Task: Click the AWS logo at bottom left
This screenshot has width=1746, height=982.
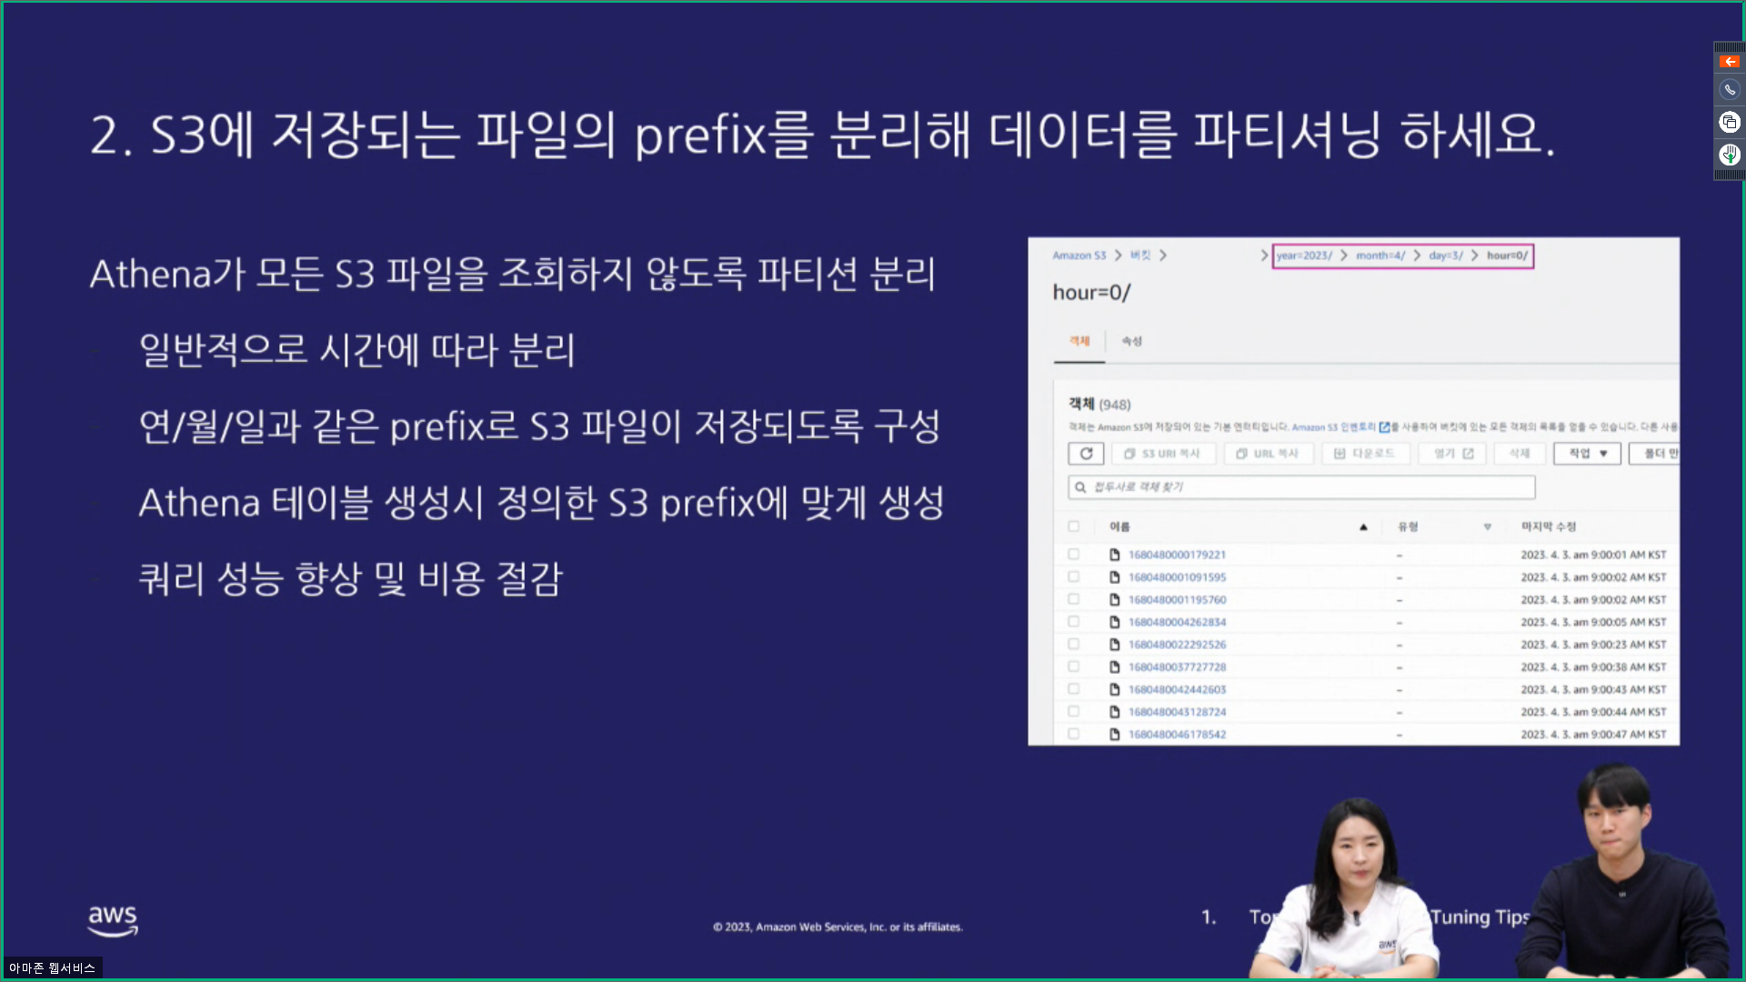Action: point(113,919)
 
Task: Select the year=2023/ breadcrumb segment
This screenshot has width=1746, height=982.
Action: point(1304,256)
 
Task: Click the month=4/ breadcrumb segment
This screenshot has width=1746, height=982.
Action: point(1380,256)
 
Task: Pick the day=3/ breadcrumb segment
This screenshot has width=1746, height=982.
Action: point(1446,256)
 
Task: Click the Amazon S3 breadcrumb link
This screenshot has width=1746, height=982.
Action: point(1079,256)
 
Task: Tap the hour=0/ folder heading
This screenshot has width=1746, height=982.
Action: point(1091,293)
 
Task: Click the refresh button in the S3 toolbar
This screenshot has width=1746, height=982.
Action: point(1086,453)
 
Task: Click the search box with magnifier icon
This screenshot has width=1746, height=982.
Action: point(1301,487)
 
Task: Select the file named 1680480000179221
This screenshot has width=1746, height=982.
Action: point(1177,555)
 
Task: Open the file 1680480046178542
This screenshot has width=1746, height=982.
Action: point(1177,735)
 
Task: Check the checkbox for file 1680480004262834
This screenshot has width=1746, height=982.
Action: point(1074,622)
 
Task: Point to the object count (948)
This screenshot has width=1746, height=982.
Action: point(1115,405)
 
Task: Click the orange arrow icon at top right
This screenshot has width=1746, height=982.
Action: point(1730,62)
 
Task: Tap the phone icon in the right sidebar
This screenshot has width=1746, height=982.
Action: point(1730,90)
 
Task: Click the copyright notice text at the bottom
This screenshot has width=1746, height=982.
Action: point(838,927)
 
